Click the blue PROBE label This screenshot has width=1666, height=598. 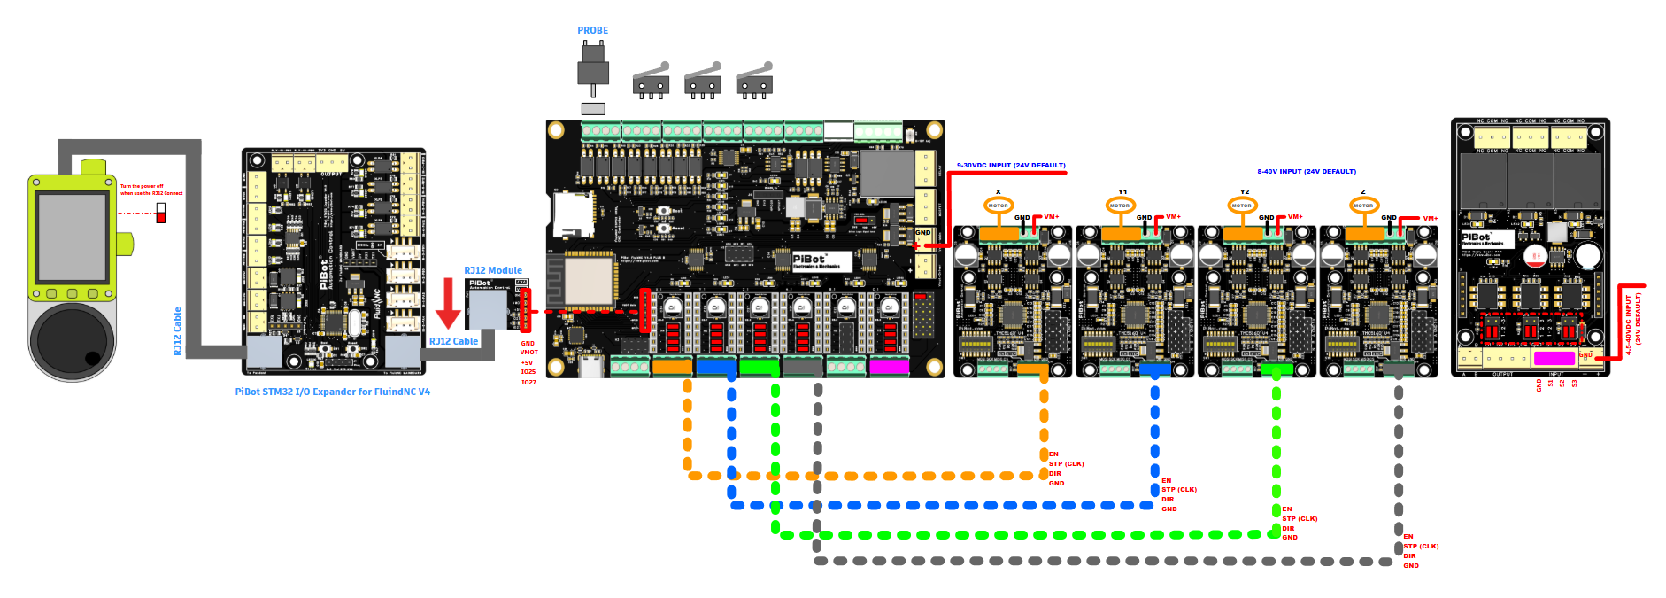pyautogui.click(x=592, y=30)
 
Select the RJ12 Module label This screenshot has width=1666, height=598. pyautogui.click(x=493, y=270)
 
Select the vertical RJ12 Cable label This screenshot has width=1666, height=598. pyautogui.click(x=177, y=331)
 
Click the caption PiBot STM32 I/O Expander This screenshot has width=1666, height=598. pyautogui.click(x=332, y=392)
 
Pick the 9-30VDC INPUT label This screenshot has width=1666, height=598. pyautogui.click(x=1011, y=166)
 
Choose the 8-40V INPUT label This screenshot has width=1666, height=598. pyautogui.click(x=1306, y=172)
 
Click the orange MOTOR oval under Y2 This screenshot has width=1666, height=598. pyautogui.click(x=1242, y=206)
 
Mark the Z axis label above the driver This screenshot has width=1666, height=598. pyautogui.click(x=1363, y=191)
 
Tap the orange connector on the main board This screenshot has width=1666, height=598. pyautogui.click(x=672, y=366)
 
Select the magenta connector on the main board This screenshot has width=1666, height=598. pyautogui.click(x=889, y=366)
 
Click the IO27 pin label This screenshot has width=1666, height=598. pyautogui.click(x=528, y=382)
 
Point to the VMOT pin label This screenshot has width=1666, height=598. pyautogui.click(x=528, y=353)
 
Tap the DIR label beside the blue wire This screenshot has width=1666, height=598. pyautogui.click(x=1168, y=500)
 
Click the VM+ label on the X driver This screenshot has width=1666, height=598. pyautogui.click(x=1052, y=217)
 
